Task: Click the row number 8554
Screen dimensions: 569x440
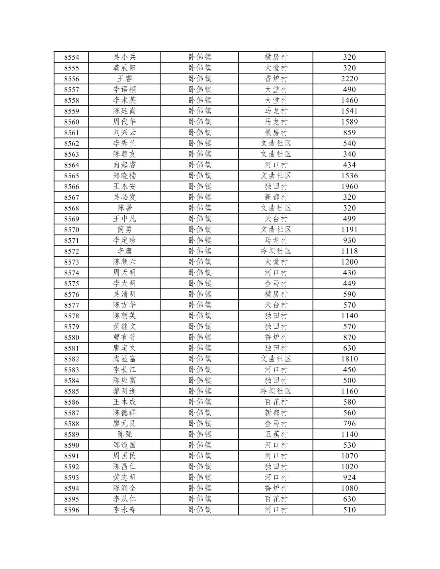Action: tap(72, 57)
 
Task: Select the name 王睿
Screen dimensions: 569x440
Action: tap(125, 79)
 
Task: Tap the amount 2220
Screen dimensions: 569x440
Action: tap(349, 79)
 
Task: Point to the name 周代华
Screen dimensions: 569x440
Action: tap(125, 122)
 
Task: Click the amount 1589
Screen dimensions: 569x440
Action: tap(349, 122)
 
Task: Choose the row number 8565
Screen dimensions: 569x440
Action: tap(72, 176)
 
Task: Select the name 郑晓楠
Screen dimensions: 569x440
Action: tap(125, 176)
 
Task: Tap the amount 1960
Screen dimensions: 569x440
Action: tap(349, 187)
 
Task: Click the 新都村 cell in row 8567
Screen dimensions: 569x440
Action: tap(276, 197)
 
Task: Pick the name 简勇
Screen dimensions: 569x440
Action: tap(125, 230)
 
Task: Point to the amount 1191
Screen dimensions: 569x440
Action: tap(349, 230)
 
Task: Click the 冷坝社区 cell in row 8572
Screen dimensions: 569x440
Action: tap(276, 251)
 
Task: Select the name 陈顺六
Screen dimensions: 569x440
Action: tap(125, 262)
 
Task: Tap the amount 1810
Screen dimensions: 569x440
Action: tap(349, 359)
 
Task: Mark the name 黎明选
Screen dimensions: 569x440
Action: tap(125, 391)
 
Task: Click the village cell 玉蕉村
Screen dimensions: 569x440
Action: tap(276, 434)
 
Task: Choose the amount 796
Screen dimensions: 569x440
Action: tap(349, 423)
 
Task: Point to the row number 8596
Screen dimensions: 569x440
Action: tap(72, 510)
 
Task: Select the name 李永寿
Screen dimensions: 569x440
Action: tap(125, 510)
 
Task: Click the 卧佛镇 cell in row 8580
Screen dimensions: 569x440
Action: tap(199, 337)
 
